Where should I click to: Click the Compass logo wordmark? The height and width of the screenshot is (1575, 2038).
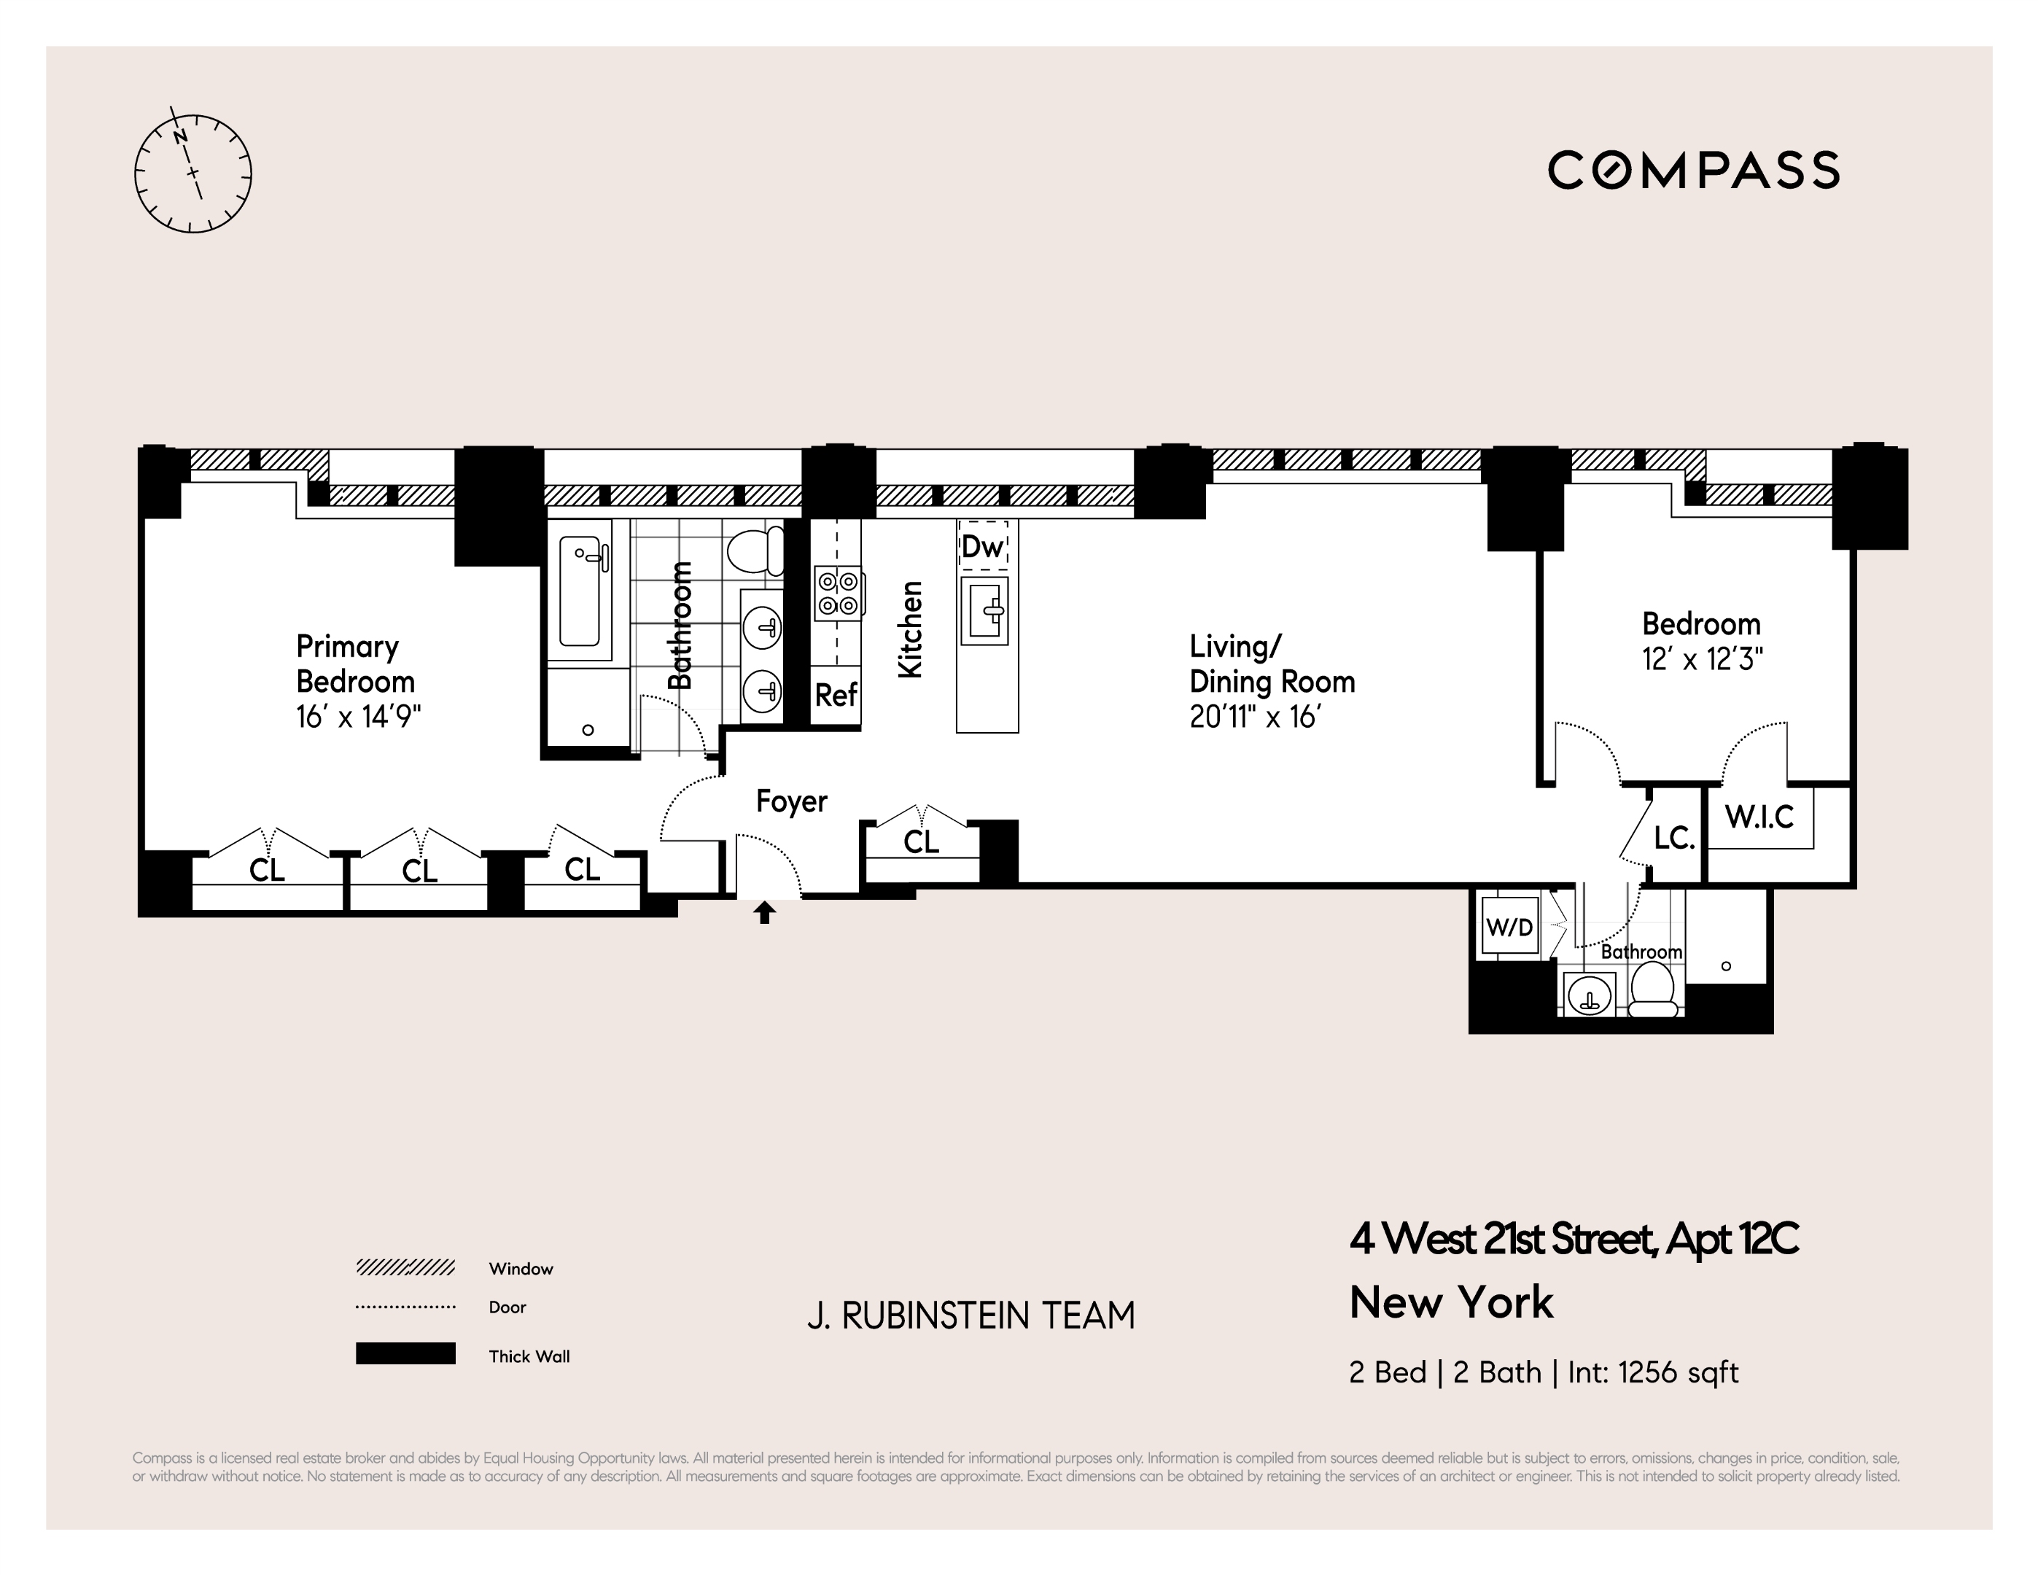1694,171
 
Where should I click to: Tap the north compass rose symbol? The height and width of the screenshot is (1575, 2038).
193,174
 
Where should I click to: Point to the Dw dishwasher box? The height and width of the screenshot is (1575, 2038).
984,547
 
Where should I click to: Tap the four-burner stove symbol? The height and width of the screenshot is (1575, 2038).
838,593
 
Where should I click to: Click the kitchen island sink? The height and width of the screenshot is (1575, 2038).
984,611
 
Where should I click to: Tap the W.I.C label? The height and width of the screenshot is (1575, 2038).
1759,817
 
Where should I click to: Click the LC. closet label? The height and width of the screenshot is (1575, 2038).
1674,838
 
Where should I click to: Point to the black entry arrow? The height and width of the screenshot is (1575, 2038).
765,911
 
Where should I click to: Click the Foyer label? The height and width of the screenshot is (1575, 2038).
791,801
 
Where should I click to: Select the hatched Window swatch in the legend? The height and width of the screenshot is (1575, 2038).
405,1267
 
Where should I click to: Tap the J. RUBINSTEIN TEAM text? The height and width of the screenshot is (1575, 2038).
971,1315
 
